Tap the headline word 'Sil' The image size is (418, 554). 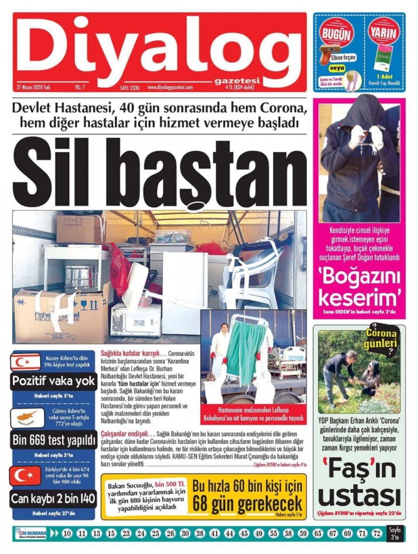[70, 169]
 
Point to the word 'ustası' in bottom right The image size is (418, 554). [359, 495]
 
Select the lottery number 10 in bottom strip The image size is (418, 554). [67, 533]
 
